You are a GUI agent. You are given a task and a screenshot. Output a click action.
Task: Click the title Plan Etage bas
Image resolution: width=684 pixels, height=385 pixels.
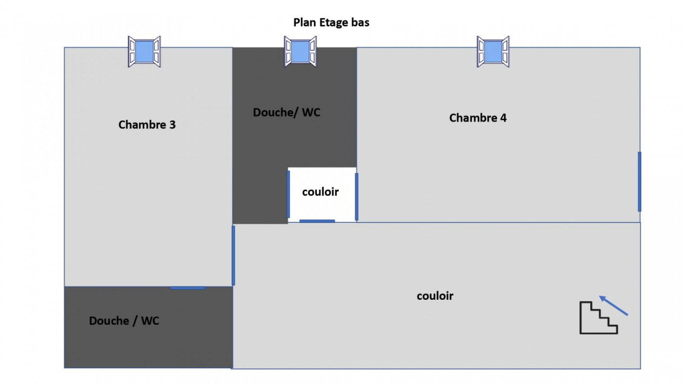coord(331,22)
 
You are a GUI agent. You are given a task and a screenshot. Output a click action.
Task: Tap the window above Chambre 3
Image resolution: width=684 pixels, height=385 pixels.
coord(144,51)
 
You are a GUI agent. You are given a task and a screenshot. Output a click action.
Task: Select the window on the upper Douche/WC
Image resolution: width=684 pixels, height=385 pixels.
coord(300,51)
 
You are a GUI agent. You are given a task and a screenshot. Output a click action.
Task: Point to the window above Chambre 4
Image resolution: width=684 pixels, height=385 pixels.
coord(493,51)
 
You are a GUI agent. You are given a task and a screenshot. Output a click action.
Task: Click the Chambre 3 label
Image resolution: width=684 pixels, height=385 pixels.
coord(147,125)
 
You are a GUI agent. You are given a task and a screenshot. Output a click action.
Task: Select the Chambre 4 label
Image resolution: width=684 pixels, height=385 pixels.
coord(478,118)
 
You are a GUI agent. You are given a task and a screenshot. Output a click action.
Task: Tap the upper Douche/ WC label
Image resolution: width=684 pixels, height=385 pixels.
coord(286,113)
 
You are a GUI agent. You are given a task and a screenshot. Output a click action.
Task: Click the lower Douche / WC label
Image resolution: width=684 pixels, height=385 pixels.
coord(124,321)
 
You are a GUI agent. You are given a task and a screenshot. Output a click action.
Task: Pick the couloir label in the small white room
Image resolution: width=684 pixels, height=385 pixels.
coord(320,192)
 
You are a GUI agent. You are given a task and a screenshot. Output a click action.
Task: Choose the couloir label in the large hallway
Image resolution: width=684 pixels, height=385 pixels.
coord(435,296)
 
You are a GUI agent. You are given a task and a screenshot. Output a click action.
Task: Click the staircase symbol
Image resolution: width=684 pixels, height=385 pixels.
coord(598,318)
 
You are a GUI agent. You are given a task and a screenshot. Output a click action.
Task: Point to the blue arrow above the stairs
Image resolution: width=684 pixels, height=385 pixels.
coord(613,306)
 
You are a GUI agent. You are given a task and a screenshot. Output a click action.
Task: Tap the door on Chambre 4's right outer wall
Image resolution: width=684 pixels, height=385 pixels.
coord(639,181)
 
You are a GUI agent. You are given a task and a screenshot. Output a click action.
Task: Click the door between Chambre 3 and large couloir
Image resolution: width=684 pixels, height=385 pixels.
coord(233,256)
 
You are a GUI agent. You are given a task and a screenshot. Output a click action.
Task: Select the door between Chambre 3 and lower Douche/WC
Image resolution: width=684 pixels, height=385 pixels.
coord(188,288)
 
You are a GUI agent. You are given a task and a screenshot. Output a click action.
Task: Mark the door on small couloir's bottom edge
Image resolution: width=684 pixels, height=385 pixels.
coord(317,221)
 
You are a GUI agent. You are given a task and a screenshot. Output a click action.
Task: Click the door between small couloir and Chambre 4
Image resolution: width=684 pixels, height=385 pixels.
coord(356,196)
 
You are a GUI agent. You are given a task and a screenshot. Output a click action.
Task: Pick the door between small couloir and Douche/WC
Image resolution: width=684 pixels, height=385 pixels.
coord(288,194)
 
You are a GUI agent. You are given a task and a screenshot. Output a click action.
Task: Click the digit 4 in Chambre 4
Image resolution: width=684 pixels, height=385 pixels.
coord(503,118)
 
